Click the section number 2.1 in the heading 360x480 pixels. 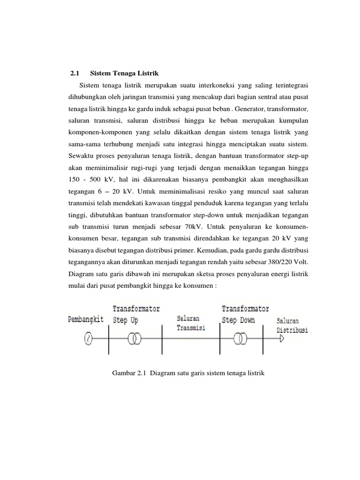pyautogui.click(x=75, y=74)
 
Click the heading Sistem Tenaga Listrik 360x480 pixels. pyautogui.click(x=124, y=74)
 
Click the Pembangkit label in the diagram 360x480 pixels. pyautogui.click(x=86, y=319)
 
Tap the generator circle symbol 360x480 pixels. pyautogui.click(x=88, y=338)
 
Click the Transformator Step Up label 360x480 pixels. pyautogui.click(x=136, y=315)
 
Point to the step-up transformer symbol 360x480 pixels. pyautogui.click(x=135, y=338)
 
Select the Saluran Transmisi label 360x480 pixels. pyautogui.click(x=190, y=323)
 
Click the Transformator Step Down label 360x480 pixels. pyautogui.click(x=245, y=315)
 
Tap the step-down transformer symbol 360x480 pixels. pyautogui.click(x=241, y=338)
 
